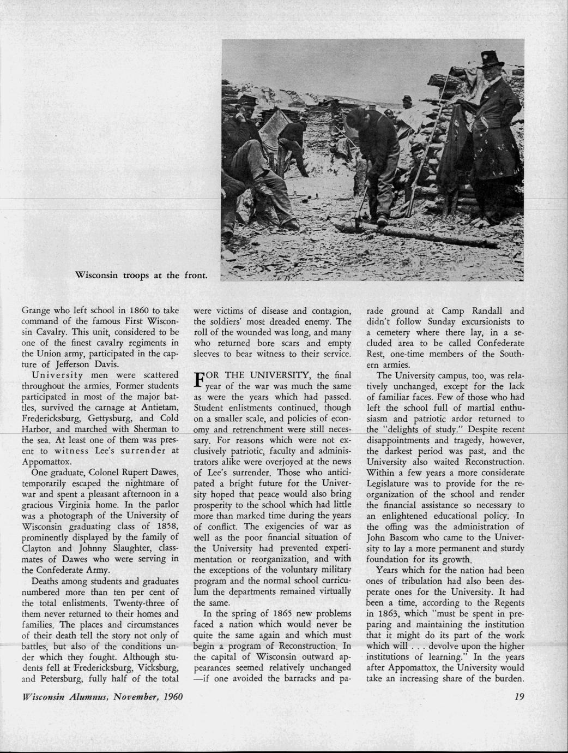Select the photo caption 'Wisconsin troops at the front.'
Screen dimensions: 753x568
[141, 274]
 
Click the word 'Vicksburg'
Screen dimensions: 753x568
[158, 668]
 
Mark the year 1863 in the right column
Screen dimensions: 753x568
[385, 614]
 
